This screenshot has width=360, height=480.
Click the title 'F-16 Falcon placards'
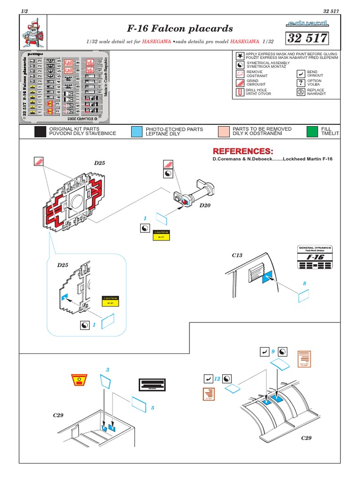(x=180, y=29)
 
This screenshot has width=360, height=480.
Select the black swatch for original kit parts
(x=40, y=132)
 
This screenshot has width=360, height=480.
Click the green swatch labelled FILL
(x=311, y=132)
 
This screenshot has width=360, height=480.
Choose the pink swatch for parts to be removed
(x=224, y=132)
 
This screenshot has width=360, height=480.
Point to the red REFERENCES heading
(x=242, y=151)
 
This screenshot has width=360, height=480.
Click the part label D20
(x=205, y=205)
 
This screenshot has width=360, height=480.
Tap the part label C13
(x=237, y=255)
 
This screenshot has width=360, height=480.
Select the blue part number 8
(x=304, y=283)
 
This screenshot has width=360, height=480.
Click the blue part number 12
(x=217, y=378)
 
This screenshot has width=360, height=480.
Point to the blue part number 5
(x=152, y=408)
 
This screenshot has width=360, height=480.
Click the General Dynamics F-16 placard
(x=315, y=257)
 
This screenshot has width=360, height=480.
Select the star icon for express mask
(x=240, y=56)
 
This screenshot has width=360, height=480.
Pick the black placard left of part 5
(x=152, y=384)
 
